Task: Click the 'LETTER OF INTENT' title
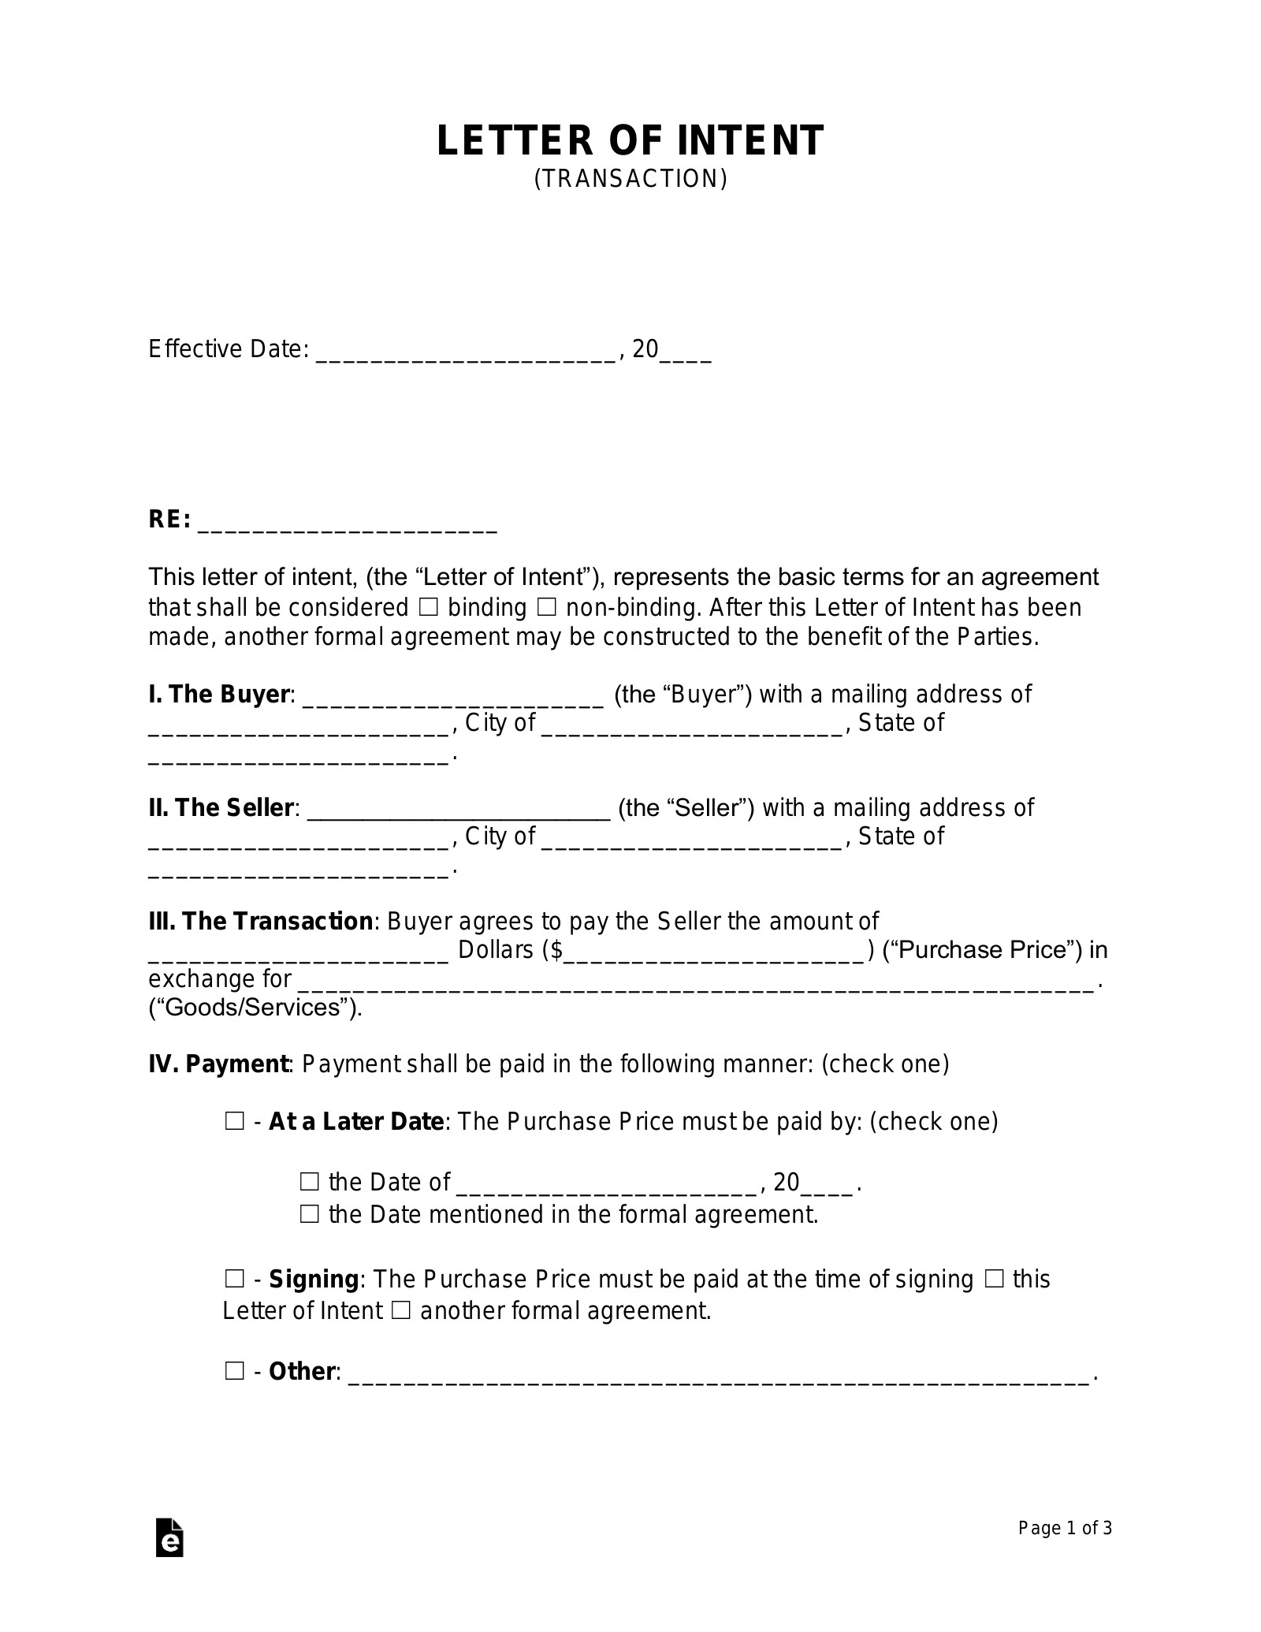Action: pyautogui.click(x=630, y=140)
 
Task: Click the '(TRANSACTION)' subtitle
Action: pyautogui.click(x=630, y=180)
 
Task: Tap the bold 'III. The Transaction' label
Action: pyautogui.click(x=260, y=921)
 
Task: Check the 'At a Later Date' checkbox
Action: pyautogui.click(x=235, y=1121)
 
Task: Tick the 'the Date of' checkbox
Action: pyautogui.click(x=309, y=1182)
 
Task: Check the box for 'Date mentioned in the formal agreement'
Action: pyautogui.click(x=309, y=1214)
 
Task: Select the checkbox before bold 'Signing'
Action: pyautogui.click(x=235, y=1278)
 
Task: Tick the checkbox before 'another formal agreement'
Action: pyautogui.click(x=400, y=1310)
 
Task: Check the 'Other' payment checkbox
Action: pyautogui.click(x=235, y=1371)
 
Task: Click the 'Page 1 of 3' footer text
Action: pyautogui.click(x=1065, y=1528)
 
